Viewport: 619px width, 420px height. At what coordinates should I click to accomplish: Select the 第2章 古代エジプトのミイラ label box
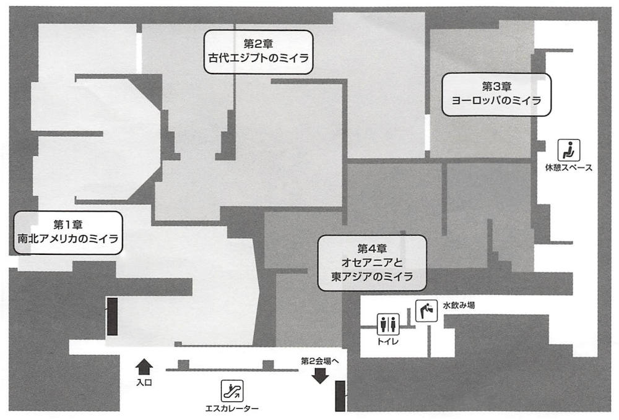pos(258,53)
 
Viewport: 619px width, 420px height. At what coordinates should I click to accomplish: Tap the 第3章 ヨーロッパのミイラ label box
pos(496,94)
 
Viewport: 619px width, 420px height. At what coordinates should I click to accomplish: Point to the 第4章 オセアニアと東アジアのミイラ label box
pos(372,262)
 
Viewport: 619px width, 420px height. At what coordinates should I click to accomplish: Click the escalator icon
pos(233,390)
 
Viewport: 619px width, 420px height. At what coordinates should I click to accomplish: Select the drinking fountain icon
pos(426,309)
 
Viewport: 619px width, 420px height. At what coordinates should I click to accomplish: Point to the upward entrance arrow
pos(143,366)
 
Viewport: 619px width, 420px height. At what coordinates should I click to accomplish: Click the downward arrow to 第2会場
pos(320,375)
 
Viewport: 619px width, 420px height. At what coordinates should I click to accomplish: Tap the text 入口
pos(144,383)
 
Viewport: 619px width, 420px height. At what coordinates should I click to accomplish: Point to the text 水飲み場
pos(459,305)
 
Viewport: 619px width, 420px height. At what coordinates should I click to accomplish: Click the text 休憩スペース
pos(568,167)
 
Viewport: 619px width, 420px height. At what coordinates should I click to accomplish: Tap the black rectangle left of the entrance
pos(112,316)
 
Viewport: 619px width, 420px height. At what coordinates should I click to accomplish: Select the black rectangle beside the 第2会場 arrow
pos(340,396)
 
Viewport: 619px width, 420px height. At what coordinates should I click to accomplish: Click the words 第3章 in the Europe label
pos(496,85)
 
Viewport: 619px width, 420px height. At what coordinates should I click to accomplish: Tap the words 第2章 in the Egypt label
pos(258,44)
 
